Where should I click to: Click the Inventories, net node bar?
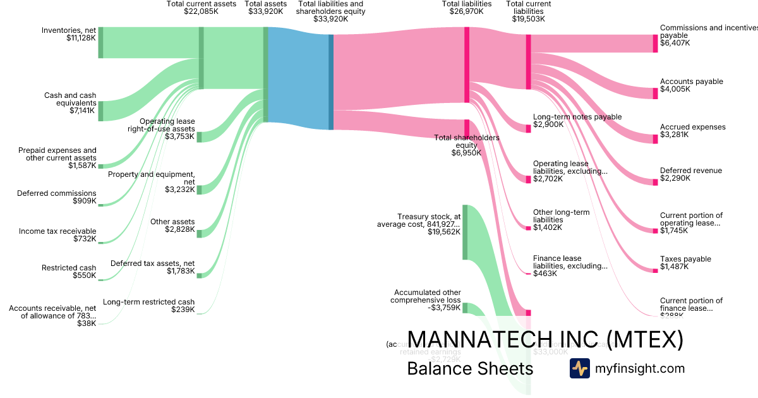point(100,42)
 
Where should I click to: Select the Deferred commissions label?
point(57,193)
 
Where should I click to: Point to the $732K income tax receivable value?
point(84,239)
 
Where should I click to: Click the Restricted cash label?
point(69,268)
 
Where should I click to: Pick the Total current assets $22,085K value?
point(201,11)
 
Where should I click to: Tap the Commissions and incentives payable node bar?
point(655,44)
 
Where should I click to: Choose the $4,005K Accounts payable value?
point(675,90)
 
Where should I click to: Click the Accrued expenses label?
point(692,127)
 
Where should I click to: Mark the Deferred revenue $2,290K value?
point(675,178)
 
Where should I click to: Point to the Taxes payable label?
point(685,259)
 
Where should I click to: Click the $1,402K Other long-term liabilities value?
point(548,227)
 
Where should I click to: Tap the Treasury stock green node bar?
point(465,232)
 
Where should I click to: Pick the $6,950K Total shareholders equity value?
point(466,153)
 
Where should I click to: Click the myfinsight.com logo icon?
point(579,368)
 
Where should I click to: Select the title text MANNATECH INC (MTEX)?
point(544,340)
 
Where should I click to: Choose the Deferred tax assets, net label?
point(153,263)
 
